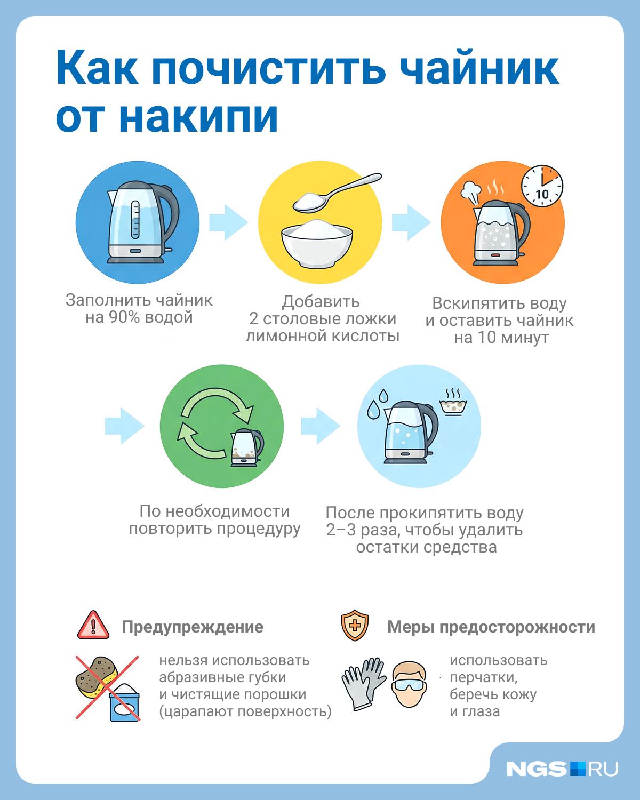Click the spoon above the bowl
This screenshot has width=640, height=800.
[337, 193]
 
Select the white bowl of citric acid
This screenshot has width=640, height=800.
[316, 243]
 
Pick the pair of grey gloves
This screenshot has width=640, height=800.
[363, 683]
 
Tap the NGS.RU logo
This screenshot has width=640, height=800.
[562, 769]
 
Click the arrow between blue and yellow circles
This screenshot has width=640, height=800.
[228, 222]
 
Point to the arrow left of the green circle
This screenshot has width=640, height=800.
[124, 426]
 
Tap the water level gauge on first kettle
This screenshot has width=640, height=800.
[135, 220]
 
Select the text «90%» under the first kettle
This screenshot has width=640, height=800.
[124, 317]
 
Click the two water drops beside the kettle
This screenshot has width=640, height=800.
[378, 403]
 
